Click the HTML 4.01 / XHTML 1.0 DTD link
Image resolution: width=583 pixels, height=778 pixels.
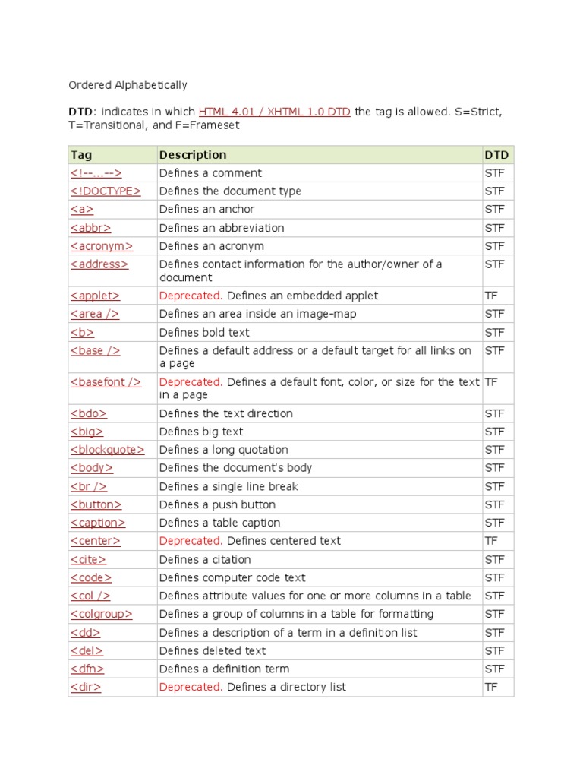pos(274,112)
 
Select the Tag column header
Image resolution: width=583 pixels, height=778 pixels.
pos(81,155)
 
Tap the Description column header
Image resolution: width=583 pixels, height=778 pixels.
pos(193,155)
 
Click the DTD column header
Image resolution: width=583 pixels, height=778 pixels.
pos(496,155)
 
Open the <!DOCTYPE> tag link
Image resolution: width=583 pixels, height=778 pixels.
pos(106,191)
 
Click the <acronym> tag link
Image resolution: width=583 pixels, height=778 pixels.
pos(102,246)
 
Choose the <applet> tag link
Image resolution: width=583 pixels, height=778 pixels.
pos(95,296)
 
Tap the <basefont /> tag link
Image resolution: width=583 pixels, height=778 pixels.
pos(106,382)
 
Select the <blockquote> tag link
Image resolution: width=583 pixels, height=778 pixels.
pos(107,450)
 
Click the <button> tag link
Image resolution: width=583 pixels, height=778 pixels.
pos(96,504)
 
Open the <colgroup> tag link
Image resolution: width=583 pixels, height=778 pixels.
pos(102,614)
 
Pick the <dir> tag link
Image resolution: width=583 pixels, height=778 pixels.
pos(86,687)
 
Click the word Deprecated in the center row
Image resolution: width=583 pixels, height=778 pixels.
pos(191,541)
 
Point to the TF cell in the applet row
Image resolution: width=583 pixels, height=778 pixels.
pos(491,296)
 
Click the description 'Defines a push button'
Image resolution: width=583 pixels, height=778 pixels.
pos(217,504)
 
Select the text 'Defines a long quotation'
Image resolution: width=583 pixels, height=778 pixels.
pos(223,450)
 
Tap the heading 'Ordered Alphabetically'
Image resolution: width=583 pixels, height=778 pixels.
pos(128,85)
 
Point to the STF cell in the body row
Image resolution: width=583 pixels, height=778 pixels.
pos(494,468)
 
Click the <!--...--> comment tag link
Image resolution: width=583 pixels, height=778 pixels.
pos(96,173)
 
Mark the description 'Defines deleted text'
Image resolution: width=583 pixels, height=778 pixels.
pos(213,650)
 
